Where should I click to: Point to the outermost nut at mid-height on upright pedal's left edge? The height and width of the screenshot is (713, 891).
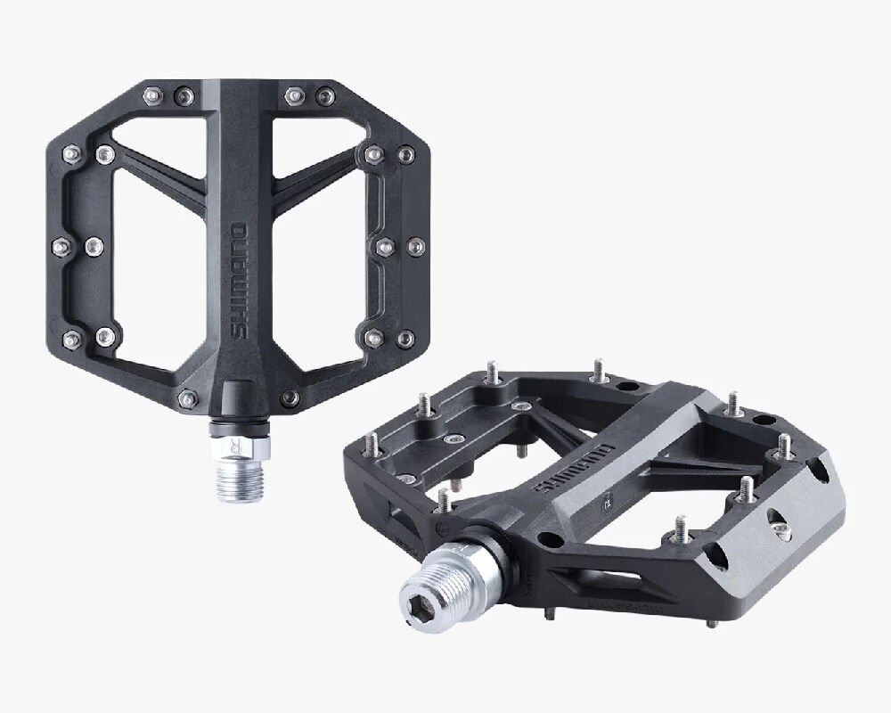(x=61, y=243)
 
